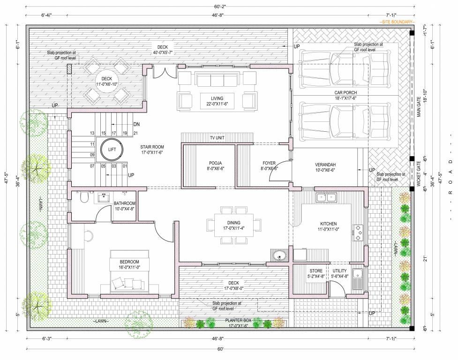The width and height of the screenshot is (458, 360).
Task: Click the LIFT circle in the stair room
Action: click(x=111, y=149)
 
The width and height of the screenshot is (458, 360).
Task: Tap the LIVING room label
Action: click(x=217, y=98)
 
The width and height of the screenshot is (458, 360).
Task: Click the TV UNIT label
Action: click(x=217, y=139)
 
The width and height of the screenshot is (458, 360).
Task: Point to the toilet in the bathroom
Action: click(x=84, y=198)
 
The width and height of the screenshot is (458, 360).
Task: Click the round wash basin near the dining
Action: click(x=280, y=256)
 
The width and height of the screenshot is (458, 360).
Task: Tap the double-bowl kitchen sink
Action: click(x=325, y=197)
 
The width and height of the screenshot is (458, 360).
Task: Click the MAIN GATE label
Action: click(x=420, y=105)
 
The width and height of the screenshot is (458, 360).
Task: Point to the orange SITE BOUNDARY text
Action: click(x=398, y=22)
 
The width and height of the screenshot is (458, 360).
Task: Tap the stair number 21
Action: click(x=135, y=134)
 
